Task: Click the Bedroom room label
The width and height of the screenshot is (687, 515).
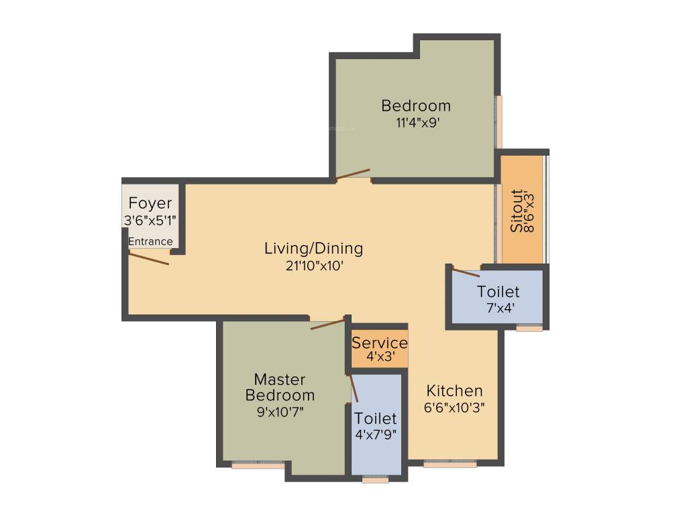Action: click(416, 105)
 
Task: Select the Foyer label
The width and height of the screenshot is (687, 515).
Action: click(150, 203)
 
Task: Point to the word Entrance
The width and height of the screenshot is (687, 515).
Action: click(150, 241)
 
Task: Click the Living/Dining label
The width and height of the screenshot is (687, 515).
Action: click(313, 248)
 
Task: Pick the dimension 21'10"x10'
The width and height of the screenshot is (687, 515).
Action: click(313, 266)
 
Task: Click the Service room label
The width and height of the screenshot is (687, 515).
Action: click(380, 343)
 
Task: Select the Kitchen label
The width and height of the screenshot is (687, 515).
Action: click(455, 390)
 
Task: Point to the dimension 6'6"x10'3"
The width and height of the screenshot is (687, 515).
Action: click(455, 406)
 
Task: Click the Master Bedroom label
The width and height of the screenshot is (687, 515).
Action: click(280, 387)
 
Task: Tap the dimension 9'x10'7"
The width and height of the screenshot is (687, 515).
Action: click(280, 412)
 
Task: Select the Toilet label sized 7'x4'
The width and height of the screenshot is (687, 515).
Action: click(498, 292)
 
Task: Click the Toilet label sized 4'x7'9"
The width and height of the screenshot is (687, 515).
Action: click(376, 418)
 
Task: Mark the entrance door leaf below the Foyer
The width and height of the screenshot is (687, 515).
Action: click(149, 258)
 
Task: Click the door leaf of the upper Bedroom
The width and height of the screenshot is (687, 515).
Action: click(353, 174)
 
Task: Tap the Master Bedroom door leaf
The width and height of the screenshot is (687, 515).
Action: click(328, 323)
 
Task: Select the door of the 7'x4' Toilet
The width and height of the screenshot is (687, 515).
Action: click(466, 272)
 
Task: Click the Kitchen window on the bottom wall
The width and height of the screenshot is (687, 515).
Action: click(450, 463)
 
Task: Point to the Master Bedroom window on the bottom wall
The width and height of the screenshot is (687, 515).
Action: click(258, 465)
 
